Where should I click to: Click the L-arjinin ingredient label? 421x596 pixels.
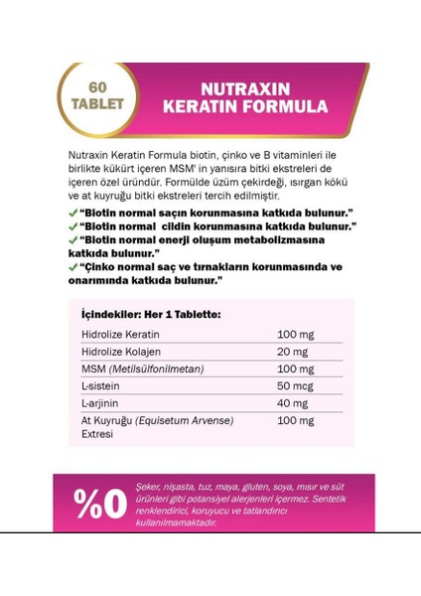(99, 404)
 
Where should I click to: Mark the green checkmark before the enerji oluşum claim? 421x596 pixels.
(73, 239)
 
